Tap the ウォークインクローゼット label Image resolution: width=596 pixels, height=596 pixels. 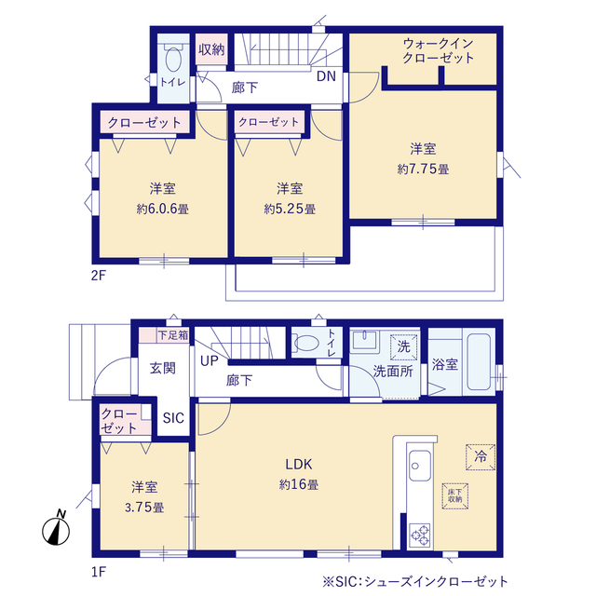tap(438, 50)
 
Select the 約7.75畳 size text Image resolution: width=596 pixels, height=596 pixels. tap(424, 169)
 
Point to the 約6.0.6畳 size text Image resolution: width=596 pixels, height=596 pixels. tap(162, 209)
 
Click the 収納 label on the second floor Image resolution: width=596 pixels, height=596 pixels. tap(210, 48)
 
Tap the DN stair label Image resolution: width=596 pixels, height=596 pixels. tap(326, 76)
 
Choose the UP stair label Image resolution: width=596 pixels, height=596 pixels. tap(210, 360)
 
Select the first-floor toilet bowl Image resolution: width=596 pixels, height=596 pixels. tap(305, 342)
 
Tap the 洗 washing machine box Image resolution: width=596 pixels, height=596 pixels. tap(403, 345)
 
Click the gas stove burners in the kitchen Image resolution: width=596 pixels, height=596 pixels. tap(421, 535)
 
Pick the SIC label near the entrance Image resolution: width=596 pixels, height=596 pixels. tap(173, 419)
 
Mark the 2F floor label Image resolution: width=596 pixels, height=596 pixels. tap(101, 277)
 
